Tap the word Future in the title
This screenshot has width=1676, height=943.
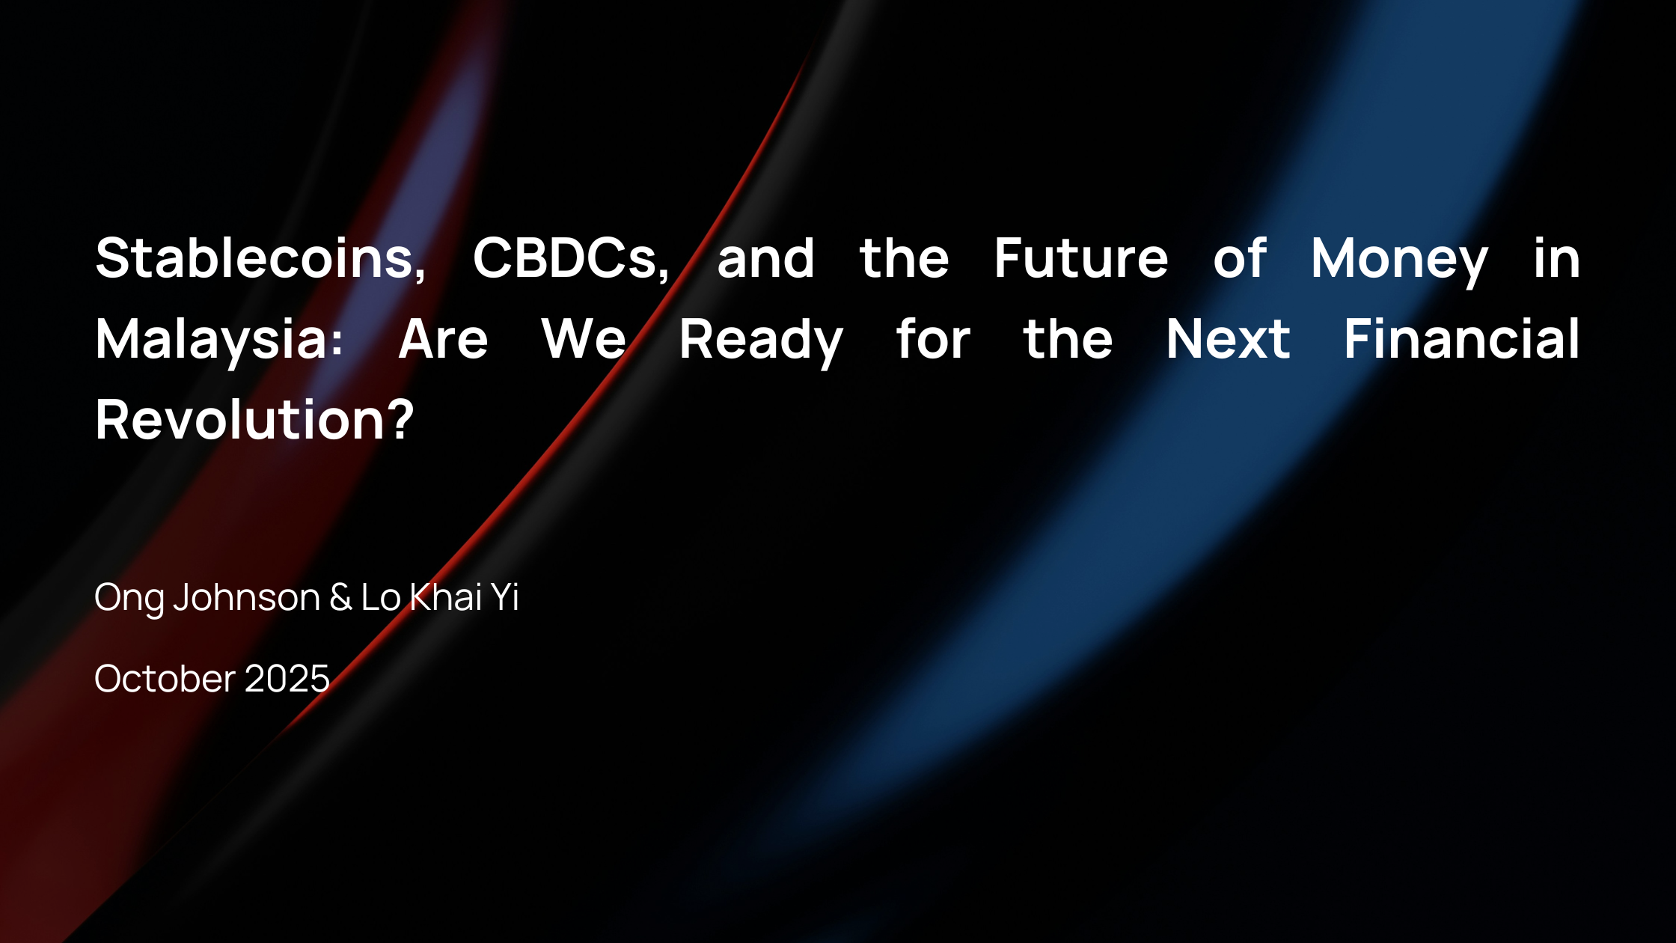[x=1081, y=258]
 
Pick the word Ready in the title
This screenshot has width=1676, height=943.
[x=761, y=341]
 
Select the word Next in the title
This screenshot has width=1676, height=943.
[x=1228, y=339]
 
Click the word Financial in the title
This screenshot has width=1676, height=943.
[x=1461, y=338]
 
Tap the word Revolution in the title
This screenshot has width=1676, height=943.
[x=240, y=419]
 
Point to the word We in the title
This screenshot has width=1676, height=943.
[x=584, y=339]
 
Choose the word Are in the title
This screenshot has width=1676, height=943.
[x=443, y=339]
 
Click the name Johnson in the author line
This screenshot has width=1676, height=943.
[x=247, y=597]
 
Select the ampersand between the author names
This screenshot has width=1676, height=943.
[x=340, y=597]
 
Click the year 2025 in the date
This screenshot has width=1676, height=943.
[x=287, y=679]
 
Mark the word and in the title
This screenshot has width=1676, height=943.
[x=765, y=258]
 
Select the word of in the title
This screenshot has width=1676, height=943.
[x=1240, y=258]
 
